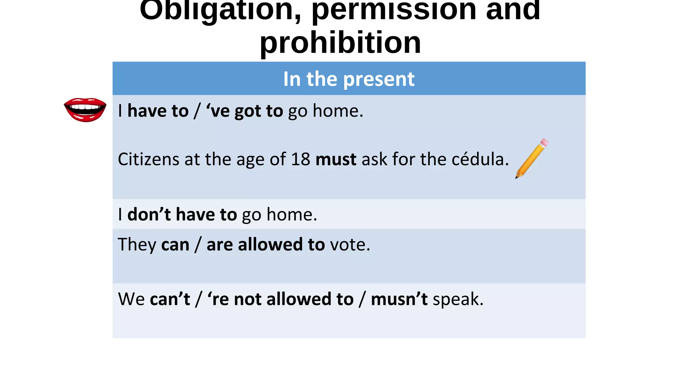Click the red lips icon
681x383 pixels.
pyautogui.click(x=85, y=109)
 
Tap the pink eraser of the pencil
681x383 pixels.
pyautogui.click(x=544, y=142)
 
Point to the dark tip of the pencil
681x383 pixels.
pyautogui.click(x=517, y=178)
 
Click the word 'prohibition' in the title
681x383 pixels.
pyautogui.click(x=340, y=43)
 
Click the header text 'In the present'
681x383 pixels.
pyautogui.click(x=349, y=79)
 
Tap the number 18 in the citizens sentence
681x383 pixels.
pyautogui.click(x=301, y=159)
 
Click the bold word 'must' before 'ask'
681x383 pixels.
pyautogui.click(x=336, y=159)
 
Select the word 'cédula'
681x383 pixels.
pyautogui.click(x=480, y=159)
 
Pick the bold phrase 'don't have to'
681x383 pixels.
pyautogui.click(x=182, y=214)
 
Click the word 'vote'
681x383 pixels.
pyautogui.click(x=350, y=245)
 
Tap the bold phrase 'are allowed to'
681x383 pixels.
pyautogui.click(x=265, y=245)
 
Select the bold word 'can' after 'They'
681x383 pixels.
pyautogui.click(x=175, y=245)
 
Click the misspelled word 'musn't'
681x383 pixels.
pyautogui.click(x=399, y=299)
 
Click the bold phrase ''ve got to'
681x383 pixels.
pyautogui.click(x=244, y=111)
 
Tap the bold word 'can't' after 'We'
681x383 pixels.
pyautogui.click(x=170, y=299)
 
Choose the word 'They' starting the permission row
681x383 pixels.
pyautogui.click(x=137, y=245)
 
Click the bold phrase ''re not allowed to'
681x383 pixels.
pyautogui.click(x=280, y=299)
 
